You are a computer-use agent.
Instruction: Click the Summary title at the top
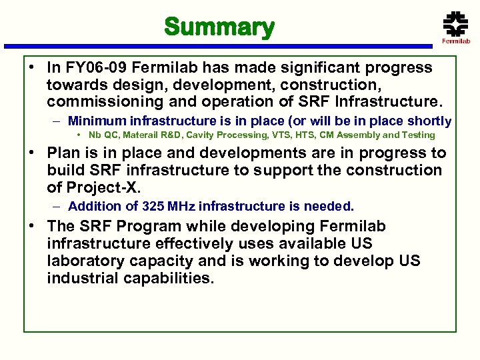click(x=219, y=27)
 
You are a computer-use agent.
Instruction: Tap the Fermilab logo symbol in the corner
click(x=455, y=24)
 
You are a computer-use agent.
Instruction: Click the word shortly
click(x=429, y=121)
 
